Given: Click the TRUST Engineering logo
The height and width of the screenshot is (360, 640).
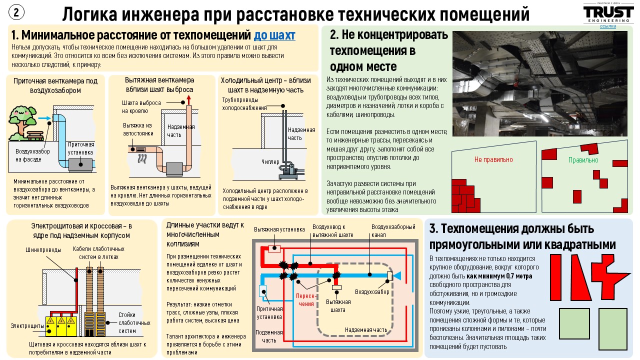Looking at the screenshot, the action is tap(607, 13).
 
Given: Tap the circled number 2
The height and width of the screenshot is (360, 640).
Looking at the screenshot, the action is tap(16, 12).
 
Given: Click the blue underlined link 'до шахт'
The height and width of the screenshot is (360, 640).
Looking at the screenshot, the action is tap(274, 35).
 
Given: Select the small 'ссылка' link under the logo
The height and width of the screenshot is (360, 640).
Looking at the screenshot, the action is tap(607, 26).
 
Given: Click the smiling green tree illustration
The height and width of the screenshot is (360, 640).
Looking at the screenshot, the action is tap(22, 121).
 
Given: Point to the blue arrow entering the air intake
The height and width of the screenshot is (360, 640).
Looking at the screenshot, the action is tap(44, 118).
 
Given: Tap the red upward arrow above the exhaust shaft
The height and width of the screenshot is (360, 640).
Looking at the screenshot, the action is tap(188, 100).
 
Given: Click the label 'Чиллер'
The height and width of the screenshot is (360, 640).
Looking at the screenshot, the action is tap(270, 161).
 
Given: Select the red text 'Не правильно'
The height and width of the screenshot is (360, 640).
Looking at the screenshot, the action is tap(493, 159).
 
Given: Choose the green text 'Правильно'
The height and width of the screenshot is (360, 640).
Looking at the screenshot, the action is tap(583, 160).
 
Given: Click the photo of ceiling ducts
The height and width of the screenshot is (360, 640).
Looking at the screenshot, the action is tap(540, 83).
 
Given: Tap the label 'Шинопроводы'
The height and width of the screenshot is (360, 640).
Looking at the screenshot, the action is tap(43, 250).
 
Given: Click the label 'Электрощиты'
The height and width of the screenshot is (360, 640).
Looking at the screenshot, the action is tap(27, 325).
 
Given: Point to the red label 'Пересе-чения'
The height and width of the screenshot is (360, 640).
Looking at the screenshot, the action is tap(306, 299).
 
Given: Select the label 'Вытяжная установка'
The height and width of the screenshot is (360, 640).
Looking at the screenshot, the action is tap(279, 229).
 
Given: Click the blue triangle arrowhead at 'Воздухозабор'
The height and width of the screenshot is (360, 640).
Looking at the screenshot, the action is tap(397, 275).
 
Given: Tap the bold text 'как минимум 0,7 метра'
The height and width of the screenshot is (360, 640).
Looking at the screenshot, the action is tap(499, 276).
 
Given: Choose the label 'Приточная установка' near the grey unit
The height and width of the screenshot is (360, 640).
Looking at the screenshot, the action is tap(81, 148).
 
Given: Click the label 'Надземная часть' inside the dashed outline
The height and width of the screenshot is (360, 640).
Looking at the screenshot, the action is tap(366, 329).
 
